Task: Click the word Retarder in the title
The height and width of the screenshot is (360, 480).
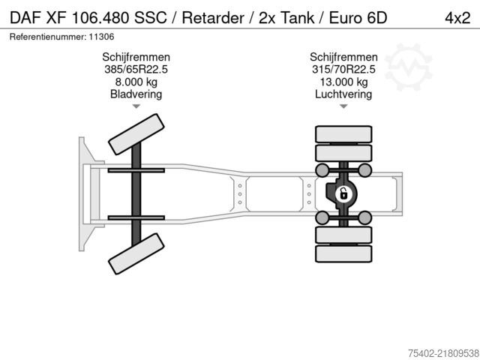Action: coord(213,18)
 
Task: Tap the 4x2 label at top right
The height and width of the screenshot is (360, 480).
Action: coord(457,18)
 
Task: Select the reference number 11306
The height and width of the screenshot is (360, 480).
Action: coord(101,37)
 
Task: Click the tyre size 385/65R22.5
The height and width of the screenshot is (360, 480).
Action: coord(136,69)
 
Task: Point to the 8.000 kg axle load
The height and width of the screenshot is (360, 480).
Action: coord(136,82)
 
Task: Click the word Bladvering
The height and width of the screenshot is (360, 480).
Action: coord(136,94)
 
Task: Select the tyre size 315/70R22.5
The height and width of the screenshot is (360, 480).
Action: coord(343,69)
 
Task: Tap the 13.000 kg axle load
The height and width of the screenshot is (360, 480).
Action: coord(343,82)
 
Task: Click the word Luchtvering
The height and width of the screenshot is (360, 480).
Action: coord(343,94)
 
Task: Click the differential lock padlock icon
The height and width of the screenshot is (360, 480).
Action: coord(343,194)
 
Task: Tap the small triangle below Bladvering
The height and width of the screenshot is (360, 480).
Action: coord(136,106)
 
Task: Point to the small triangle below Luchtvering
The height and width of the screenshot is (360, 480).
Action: coord(343,106)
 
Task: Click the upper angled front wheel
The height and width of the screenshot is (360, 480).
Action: coord(136,134)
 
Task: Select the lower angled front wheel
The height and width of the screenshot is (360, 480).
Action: coord(136,253)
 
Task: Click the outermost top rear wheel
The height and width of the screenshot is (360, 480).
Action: coord(343,134)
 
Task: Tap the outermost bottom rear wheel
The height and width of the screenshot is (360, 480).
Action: coord(343,253)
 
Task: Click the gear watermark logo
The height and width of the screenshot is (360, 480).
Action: coord(408,67)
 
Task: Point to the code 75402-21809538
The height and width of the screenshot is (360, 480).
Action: coord(443,353)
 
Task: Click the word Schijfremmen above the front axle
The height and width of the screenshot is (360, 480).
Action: coord(136,57)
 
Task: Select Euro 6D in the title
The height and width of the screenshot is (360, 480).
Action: coord(358,18)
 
